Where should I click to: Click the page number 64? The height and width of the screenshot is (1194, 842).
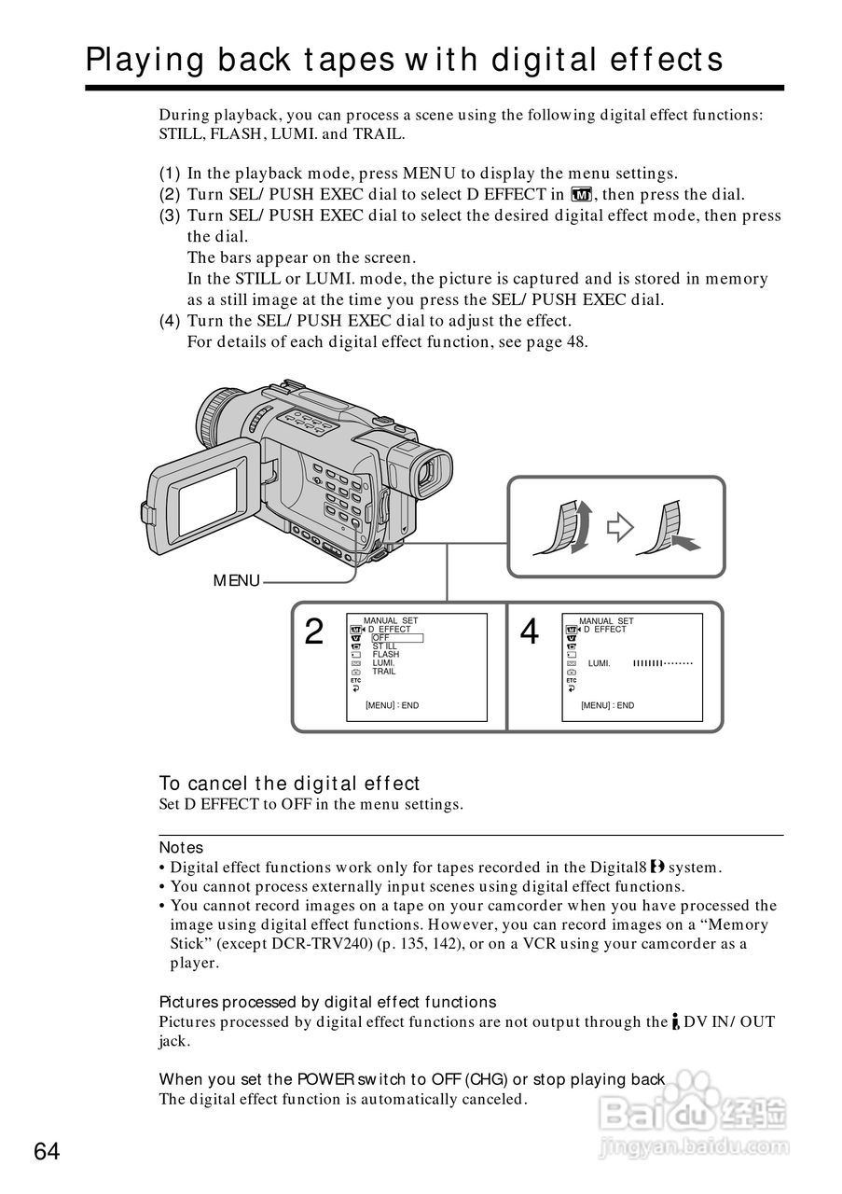[47, 1152]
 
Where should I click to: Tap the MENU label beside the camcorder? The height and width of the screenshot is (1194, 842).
[237, 581]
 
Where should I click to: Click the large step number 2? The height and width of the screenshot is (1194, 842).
[315, 633]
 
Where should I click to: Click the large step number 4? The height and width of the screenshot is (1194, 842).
[530, 633]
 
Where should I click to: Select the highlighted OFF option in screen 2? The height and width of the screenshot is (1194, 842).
[396, 638]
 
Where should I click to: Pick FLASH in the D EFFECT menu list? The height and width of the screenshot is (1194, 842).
[386, 655]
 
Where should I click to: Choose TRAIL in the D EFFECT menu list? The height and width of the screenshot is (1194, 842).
[384, 672]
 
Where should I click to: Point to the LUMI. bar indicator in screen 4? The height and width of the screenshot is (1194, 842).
[664, 663]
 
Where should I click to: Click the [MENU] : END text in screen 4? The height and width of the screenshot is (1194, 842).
[607, 706]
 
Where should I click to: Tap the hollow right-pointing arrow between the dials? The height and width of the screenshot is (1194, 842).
[620, 528]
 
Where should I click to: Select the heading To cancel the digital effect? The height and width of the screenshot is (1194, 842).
[289, 784]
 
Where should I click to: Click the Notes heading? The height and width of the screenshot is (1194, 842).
[181, 848]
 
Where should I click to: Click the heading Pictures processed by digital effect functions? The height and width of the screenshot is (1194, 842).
[327, 1002]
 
